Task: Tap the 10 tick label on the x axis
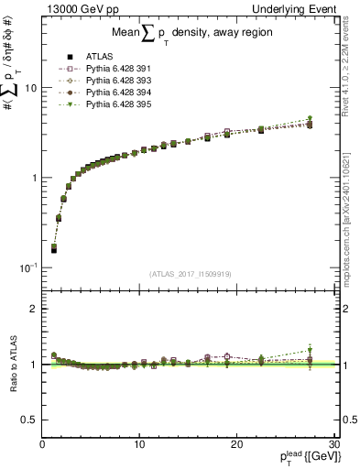(x=139, y=444)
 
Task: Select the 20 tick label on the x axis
(x=236, y=444)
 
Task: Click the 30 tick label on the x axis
(x=333, y=444)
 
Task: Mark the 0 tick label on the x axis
(x=43, y=444)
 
